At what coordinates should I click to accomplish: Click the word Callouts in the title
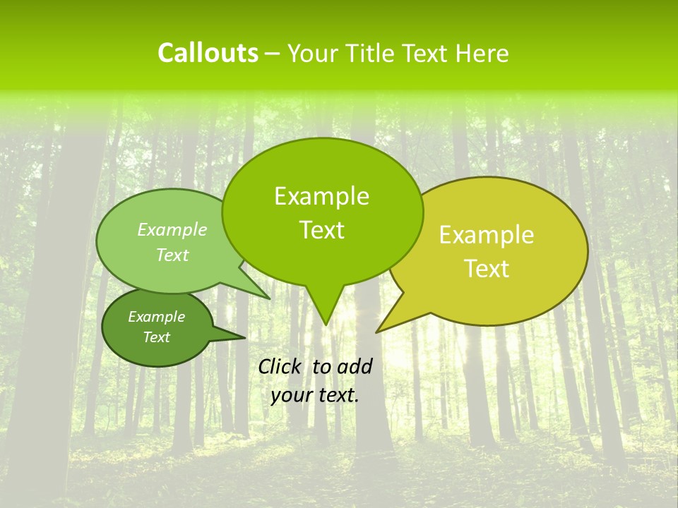pyautogui.click(x=208, y=53)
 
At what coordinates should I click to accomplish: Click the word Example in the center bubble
pyautogui.click(x=321, y=196)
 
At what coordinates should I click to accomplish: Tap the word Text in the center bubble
pyautogui.click(x=321, y=230)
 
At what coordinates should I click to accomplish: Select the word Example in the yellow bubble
pyautogui.click(x=487, y=235)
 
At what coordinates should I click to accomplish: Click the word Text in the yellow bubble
pyautogui.click(x=487, y=269)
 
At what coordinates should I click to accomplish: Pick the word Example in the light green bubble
pyautogui.click(x=172, y=230)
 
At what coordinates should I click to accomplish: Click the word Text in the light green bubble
pyautogui.click(x=172, y=255)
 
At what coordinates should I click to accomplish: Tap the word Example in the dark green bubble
pyautogui.click(x=156, y=317)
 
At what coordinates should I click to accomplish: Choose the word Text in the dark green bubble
pyautogui.click(x=156, y=337)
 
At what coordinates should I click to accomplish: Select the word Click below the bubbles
pyautogui.click(x=281, y=366)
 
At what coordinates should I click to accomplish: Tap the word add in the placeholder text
pyautogui.click(x=355, y=366)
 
